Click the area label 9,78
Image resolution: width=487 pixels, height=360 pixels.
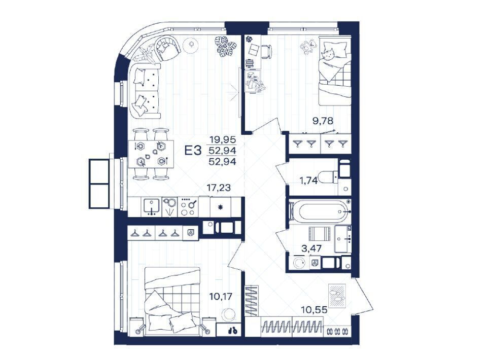(323, 120)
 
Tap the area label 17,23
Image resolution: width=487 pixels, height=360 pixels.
(219, 188)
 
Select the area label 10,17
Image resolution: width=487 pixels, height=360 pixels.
(221, 297)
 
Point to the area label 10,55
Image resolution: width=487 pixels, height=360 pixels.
(314, 309)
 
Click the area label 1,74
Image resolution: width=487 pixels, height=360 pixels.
(308, 180)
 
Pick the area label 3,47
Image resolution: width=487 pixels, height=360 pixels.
(311, 248)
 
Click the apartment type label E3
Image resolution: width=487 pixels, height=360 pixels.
(193, 151)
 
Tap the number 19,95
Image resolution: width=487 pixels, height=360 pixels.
(223, 139)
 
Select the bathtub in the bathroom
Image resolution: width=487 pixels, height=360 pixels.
(320, 211)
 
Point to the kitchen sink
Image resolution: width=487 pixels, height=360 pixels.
(151, 207)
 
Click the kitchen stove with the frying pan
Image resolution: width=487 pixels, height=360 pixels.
(189, 207)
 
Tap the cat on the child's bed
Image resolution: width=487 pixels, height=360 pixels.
(329, 55)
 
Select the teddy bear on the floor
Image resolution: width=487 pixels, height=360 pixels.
(308, 47)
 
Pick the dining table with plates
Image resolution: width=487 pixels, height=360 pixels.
(151, 154)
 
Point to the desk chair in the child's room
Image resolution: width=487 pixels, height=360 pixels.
(266, 52)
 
